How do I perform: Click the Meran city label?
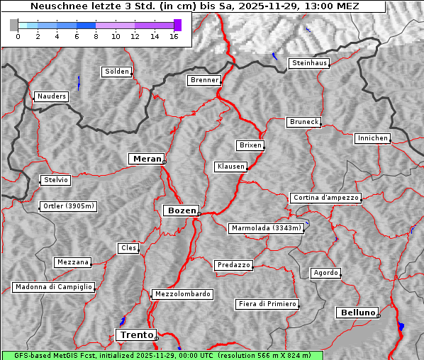click(x=147, y=159)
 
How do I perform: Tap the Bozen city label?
click(x=180, y=210)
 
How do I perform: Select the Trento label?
click(x=135, y=334)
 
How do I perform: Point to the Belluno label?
click(x=357, y=312)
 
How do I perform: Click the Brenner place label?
click(x=205, y=80)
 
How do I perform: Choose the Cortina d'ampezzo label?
click(x=325, y=198)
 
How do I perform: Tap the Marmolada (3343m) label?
click(x=267, y=228)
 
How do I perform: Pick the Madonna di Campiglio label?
click(x=53, y=287)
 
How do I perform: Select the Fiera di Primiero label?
click(x=267, y=304)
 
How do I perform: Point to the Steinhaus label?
click(x=310, y=63)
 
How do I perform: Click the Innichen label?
click(x=372, y=138)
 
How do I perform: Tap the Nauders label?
click(x=50, y=96)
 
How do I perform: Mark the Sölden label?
click(x=117, y=72)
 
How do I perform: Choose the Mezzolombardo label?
click(x=182, y=293)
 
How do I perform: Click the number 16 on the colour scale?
click(x=174, y=36)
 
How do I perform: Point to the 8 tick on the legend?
click(x=96, y=36)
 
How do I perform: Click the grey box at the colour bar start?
click(x=14, y=26)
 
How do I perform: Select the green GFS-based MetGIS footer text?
click(x=162, y=355)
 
